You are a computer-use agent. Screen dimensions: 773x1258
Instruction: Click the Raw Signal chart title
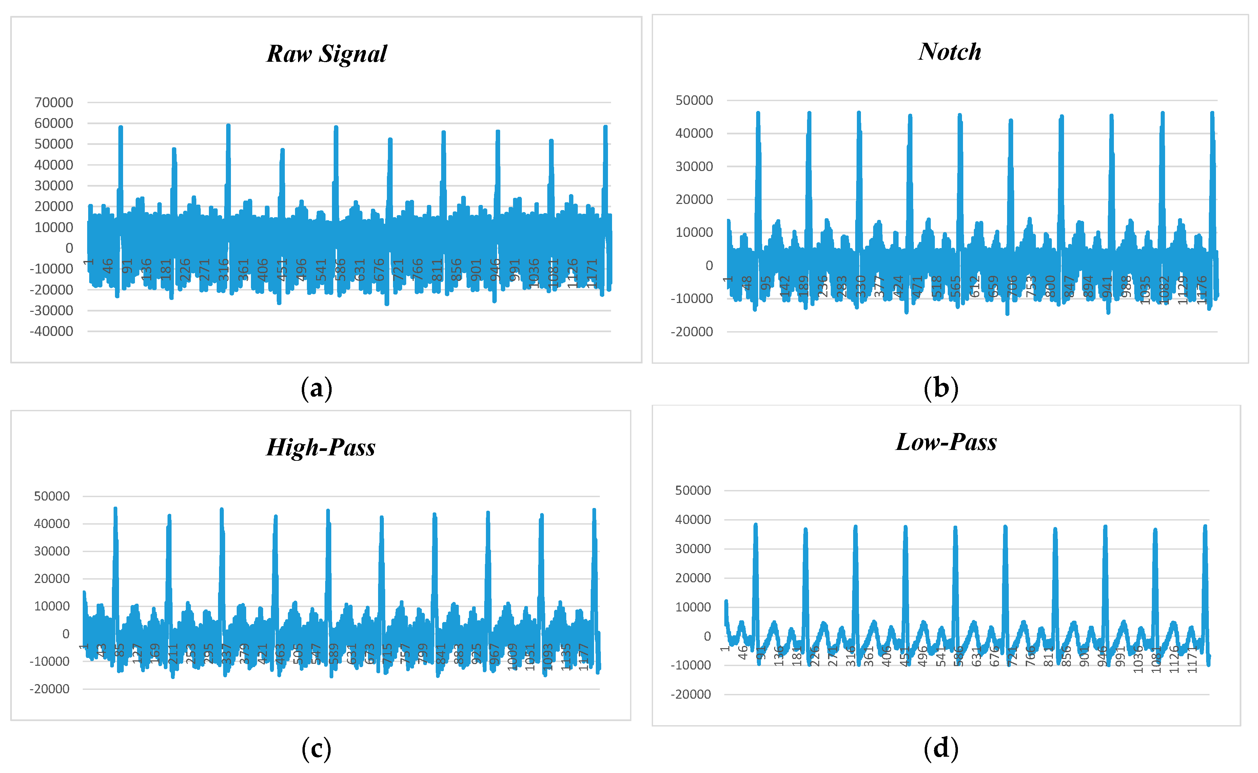click(327, 54)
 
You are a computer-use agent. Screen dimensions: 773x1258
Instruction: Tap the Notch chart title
click(949, 52)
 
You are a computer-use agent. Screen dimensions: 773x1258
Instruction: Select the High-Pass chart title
click(321, 447)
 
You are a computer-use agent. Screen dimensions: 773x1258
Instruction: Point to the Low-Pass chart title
click(946, 442)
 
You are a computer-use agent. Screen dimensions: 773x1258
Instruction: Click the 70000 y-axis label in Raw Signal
click(54, 102)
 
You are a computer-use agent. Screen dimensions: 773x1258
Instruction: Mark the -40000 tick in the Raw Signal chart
click(51, 331)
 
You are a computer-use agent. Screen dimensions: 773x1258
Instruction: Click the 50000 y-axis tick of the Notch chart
click(694, 100)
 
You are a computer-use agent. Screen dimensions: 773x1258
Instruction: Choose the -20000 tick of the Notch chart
click(692, 332)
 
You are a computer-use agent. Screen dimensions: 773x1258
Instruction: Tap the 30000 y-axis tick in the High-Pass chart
click(52, 551)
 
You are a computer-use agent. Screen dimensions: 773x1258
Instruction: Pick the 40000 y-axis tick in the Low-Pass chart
click(693, 520)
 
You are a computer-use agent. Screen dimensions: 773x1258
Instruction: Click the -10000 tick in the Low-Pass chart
click(691, 665)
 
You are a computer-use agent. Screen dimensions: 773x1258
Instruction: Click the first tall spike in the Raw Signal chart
click(120, 128)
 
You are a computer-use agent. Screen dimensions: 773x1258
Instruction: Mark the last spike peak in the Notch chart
click(1212, 113)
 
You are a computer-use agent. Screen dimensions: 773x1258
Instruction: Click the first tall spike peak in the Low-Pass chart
click(755, 525)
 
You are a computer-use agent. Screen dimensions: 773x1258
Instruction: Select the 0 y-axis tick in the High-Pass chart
click(66, 634)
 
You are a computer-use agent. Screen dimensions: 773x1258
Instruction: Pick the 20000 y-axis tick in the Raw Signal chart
click(54, 207)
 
